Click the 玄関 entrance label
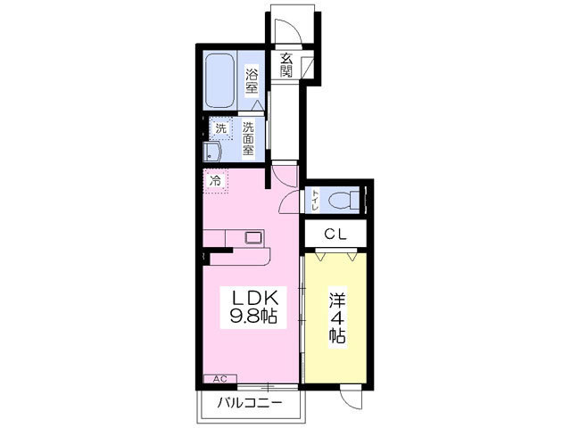pyautogui.click(x=286, y=65)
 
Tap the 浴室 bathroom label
pyautogui.click(x=251, y=81)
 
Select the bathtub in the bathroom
pyautogui.click(x=219, y=80)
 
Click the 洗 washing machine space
pyautogui.click(x=220, y=128)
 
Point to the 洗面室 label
pyautogui.click(x=249, y=139)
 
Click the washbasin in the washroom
pyautogui.click(x=212, y=152)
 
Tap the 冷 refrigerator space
pyautogui.click(x=216, y=180)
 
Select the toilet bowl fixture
pyautogui.click(x=343, y=200)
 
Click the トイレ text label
pyautogui.click(x=315, y=200)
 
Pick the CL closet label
pyautogui.click(x=335, y=235)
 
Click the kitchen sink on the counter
pyautogui.click(x=253, y=238)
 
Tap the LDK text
pyautogui.click(x=254, y=299)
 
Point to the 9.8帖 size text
pyautogui.click(x=253, y=317)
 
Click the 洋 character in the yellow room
pyautogui.click(x=337, y=300)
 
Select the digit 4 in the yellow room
pyautogui.click(x=337, y=319)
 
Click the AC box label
pyautogui.click(x=220, y=379)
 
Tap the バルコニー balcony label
pyautogui.click(x=250, y=403)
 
